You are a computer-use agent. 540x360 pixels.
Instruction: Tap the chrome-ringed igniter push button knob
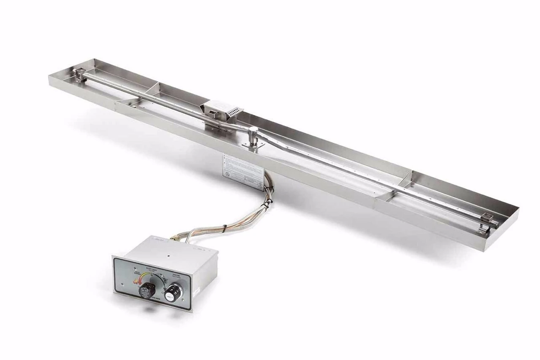(x=173, y=291)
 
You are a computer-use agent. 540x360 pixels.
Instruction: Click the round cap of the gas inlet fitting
(x=253, y=130)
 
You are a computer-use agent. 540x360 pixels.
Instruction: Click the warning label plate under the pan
(x=242, y=171)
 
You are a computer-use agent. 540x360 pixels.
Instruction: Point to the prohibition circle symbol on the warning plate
(x=227, y=173)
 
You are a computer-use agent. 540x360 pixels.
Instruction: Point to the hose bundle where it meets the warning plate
(x=267, y=181)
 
